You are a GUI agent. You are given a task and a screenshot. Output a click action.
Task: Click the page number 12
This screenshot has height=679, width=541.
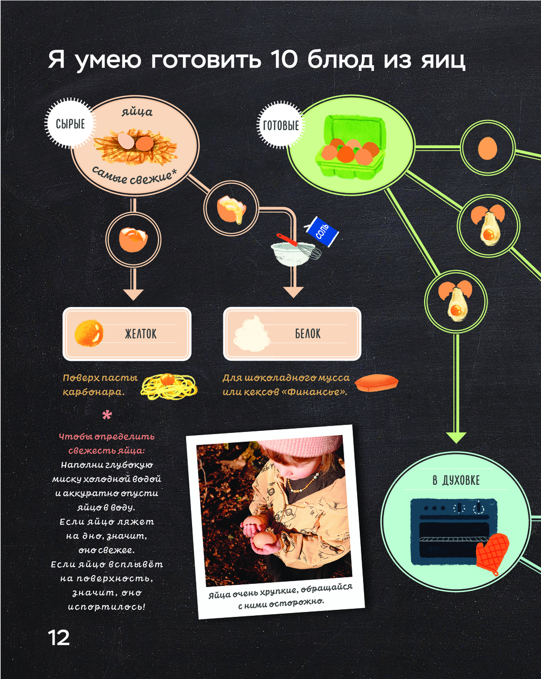[x=59, y=638]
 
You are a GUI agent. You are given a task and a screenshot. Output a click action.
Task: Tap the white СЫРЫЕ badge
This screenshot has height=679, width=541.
[x=70, y=124]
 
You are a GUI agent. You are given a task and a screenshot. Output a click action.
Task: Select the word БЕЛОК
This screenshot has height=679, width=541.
[x=307, y=334]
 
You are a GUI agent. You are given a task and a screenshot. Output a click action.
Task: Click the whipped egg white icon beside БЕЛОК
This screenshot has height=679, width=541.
[x=253, y=334]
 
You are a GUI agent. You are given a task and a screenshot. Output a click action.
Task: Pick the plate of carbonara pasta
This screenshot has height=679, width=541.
[x=169, y=385]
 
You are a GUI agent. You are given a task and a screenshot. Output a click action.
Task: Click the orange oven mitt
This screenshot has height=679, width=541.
[x=492, y=552]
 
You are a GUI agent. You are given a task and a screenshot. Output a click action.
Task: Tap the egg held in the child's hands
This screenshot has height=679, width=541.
[x=264, y=540]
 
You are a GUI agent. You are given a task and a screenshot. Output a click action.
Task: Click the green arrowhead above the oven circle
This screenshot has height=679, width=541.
[x=456, y=437]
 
